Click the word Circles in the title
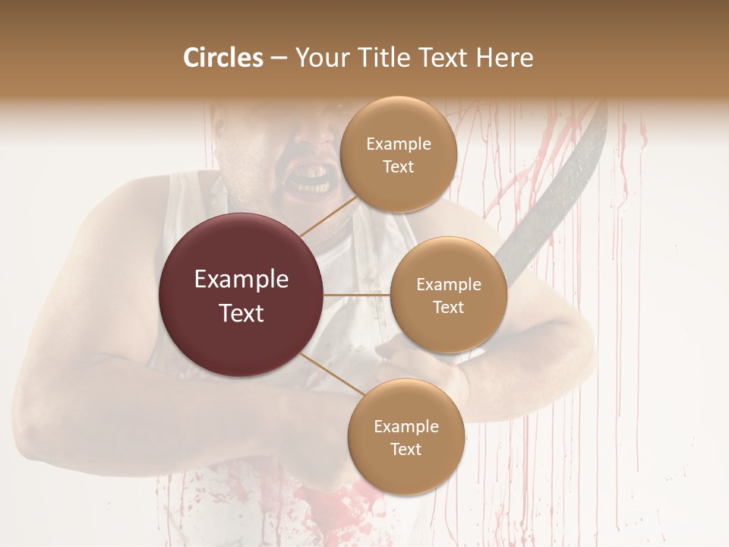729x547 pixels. [x=223, y=58]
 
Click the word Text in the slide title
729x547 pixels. [x=444, y=58]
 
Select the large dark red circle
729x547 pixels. [x=241, y=295]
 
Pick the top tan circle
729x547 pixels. [x=398, y=154]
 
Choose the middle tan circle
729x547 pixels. [x=448, y=295]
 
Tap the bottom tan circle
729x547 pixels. [x=406, y=437]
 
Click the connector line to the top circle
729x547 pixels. [x=327, y=217]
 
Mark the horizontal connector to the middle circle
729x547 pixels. [x=357, y=295]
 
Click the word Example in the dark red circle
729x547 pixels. [x=241, y=280]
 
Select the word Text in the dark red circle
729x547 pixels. [x=241, y=313]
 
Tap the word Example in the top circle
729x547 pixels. [x=398, y=144]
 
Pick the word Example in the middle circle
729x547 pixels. [x=448, y=285]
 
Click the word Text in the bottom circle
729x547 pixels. [x=406, y=449]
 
